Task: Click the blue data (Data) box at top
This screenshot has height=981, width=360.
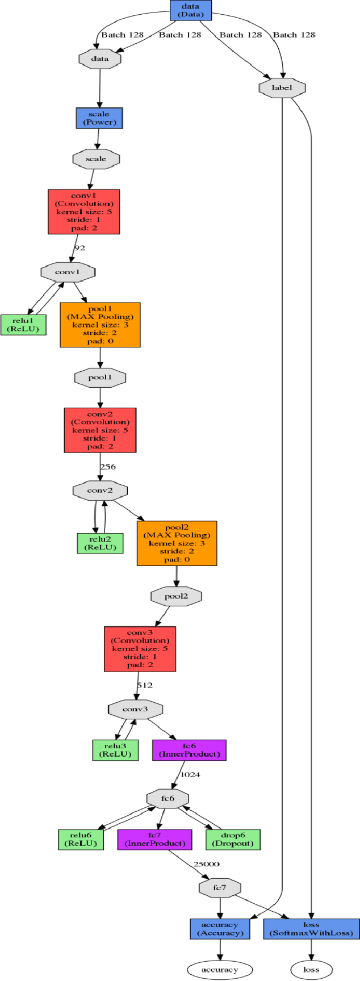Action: (x=190, y=10)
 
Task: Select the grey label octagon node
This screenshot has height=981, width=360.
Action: (x=282, y=88)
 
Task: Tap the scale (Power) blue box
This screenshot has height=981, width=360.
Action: (x=99, y=118)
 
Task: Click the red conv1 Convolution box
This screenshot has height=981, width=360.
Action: (x=84, y=212)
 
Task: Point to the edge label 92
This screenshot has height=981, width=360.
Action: (x=79, y=248)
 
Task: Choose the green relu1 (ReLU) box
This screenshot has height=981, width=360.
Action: (x=23, y=325)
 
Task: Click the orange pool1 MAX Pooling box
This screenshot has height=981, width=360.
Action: (x=100, y=325)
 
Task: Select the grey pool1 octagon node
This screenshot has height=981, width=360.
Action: (x=100, y=378)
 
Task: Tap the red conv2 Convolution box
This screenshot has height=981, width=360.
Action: (x=100, y=430)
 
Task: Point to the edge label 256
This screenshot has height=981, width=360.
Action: (x=107, y=467)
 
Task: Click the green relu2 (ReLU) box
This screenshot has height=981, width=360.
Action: (x=100, y=543)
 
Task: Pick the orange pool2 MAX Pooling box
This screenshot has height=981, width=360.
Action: (x=177, y=543)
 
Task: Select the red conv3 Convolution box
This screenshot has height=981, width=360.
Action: (x=140, y=649)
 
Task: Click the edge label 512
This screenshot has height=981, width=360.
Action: (x=144, y=685)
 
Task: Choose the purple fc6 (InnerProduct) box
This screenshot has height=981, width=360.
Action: (x=189, y=750)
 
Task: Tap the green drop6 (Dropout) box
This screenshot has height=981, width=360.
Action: (x=233, y=840)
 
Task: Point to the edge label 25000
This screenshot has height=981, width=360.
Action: (x=206, y=864)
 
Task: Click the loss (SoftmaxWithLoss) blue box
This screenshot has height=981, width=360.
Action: (x=311, y=929)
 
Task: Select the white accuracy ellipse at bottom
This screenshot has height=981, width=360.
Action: (x=220, y=970)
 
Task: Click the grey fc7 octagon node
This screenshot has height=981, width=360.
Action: (x=220, y=888)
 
